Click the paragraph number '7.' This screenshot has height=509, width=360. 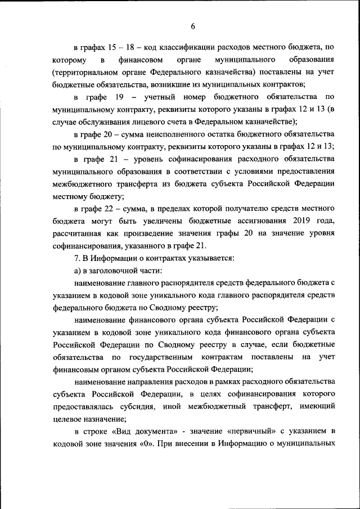(77, 258)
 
